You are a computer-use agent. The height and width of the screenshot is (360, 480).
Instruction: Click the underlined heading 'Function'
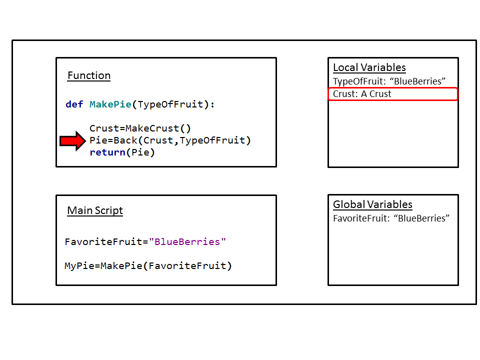point(89,76)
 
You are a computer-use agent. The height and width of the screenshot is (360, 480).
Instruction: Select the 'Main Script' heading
point(95,210)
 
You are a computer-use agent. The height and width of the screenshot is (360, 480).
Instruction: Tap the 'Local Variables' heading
point(369,68)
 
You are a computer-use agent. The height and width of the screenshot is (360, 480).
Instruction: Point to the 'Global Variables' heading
point(372,204)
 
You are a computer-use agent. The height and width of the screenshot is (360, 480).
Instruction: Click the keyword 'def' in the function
point(74,104)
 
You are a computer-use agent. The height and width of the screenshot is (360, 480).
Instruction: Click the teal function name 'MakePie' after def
point(110,104)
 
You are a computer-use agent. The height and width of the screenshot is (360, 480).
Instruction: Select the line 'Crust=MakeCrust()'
point(140,128)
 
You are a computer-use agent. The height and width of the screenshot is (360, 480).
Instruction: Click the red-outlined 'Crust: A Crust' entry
point(362,94)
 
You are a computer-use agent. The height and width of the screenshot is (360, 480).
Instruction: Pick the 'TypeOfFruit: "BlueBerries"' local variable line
point(389,81)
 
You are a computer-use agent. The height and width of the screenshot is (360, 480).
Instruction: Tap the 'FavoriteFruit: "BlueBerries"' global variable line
point(391,218)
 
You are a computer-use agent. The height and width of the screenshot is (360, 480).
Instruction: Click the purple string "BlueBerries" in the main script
point(187,242)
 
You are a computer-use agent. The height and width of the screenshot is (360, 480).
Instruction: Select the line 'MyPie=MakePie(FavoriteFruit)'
point(148,266)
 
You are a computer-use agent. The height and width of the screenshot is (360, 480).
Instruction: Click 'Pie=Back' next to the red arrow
point(113,140)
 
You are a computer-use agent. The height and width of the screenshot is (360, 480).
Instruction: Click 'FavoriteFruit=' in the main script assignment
point(106,242)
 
